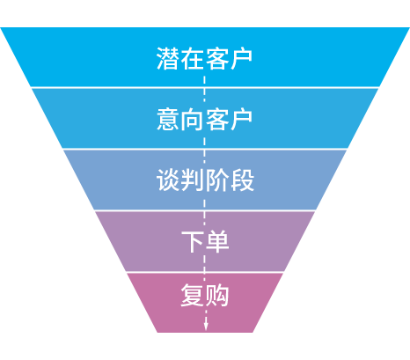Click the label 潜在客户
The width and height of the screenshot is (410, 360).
204,59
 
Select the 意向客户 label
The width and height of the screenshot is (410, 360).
204,119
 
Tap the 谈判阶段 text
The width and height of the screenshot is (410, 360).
205,180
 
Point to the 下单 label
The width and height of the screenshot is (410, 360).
205,241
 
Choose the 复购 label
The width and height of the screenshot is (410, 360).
205,295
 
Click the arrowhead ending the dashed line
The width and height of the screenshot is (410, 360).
206,327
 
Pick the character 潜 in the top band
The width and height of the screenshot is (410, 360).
168,59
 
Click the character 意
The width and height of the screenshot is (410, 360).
168,119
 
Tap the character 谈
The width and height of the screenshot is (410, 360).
168,180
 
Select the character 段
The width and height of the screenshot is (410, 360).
242,180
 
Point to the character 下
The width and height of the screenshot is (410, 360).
193,241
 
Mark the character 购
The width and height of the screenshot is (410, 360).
217,295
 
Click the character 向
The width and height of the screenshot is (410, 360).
193,119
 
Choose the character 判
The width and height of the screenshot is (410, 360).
193,180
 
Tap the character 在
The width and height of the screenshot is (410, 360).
193,59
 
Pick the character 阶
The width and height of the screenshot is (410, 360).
217,180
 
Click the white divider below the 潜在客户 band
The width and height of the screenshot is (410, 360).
205,87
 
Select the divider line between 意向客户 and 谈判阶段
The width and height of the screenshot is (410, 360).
205,149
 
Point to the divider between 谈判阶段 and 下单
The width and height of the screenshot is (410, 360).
205,210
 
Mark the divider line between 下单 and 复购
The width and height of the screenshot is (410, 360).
205,272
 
